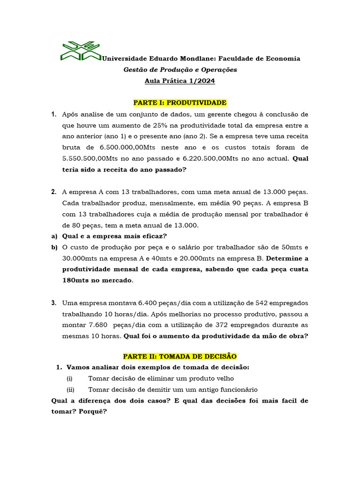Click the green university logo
[x=81, y=51]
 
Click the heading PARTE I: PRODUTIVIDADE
[x=180, y=103]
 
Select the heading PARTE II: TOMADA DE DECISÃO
[x=180, y=356]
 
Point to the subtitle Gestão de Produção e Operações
[x=180, y=70]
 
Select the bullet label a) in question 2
[x=54, y=236]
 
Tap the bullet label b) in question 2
[x=54, y=247]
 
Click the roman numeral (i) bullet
[x=69, y=379]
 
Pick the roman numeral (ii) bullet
[x=70, y=390]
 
